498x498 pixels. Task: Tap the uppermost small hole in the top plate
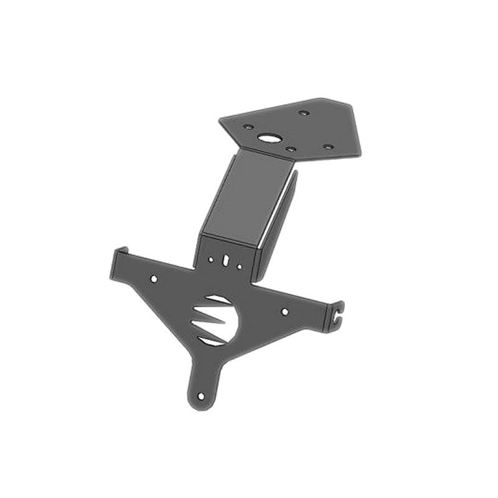[x=303, y=113]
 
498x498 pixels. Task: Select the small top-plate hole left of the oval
[x=248, y=127]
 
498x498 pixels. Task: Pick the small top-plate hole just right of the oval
[x=289, y=149]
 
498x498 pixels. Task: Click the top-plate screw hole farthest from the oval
[x=328, y=147]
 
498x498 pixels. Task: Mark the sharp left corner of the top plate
[x=220, y=120]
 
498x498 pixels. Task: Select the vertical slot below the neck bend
[x=226, y=258]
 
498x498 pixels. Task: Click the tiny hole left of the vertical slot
[x=211, y=259]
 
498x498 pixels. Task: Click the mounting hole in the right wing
[x=284, y=311]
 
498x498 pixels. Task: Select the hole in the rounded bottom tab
[x=200, y=396]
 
